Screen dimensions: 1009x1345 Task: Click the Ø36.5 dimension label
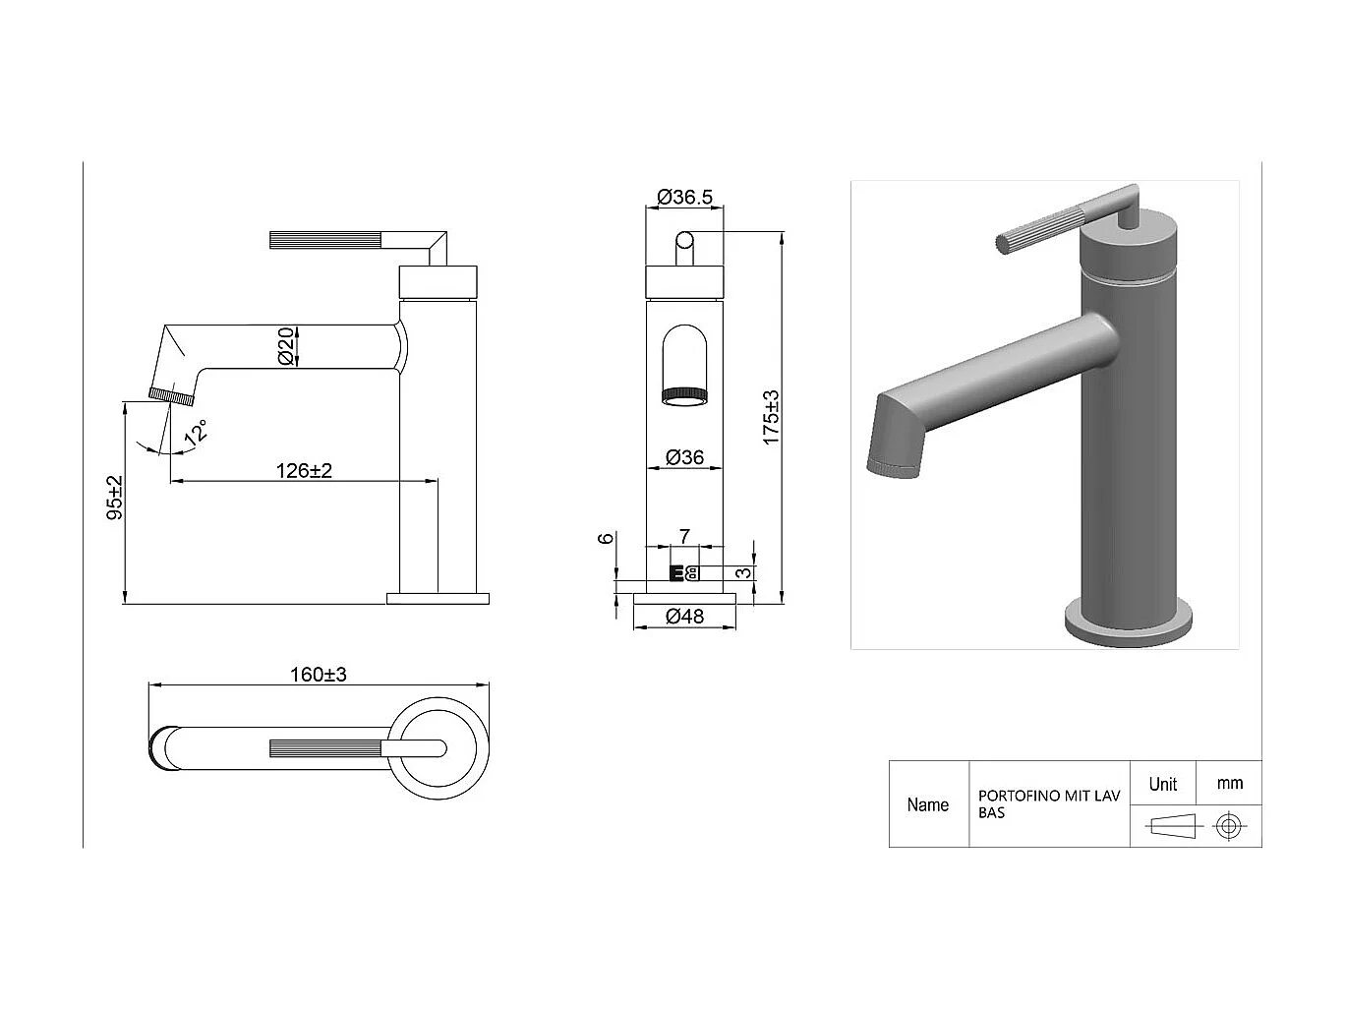[x=684, y=197]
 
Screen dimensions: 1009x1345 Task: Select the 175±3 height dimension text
[x=772, y=417]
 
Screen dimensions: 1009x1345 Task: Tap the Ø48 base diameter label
[x=684, y=617]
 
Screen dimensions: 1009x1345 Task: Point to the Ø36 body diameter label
[x=684, y=457]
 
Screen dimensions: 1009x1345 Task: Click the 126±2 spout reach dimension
[x=304, y=470]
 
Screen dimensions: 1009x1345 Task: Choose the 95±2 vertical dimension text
[x=114, y=498]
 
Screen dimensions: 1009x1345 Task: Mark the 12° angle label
[x=197, y=434]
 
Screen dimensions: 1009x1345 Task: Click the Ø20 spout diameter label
[x=286, y=347]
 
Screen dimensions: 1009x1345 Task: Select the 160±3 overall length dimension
[x=318, y=675]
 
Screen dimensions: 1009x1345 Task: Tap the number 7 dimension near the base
[x=685, y=536]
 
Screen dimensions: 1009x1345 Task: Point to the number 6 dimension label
[x=607, y=538]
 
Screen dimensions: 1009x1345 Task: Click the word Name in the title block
[x=927, y=804]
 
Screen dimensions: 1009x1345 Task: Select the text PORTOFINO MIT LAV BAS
[x=1048, y=804]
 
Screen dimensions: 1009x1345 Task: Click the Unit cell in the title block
[x=1162, y=784]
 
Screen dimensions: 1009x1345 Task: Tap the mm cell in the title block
[x=1229, y=784]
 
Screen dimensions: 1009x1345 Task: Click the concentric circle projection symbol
[x=1226, y=825]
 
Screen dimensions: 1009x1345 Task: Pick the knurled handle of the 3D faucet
[x=1042, y=227]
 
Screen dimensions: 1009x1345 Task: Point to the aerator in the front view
[x=684, y=396]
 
